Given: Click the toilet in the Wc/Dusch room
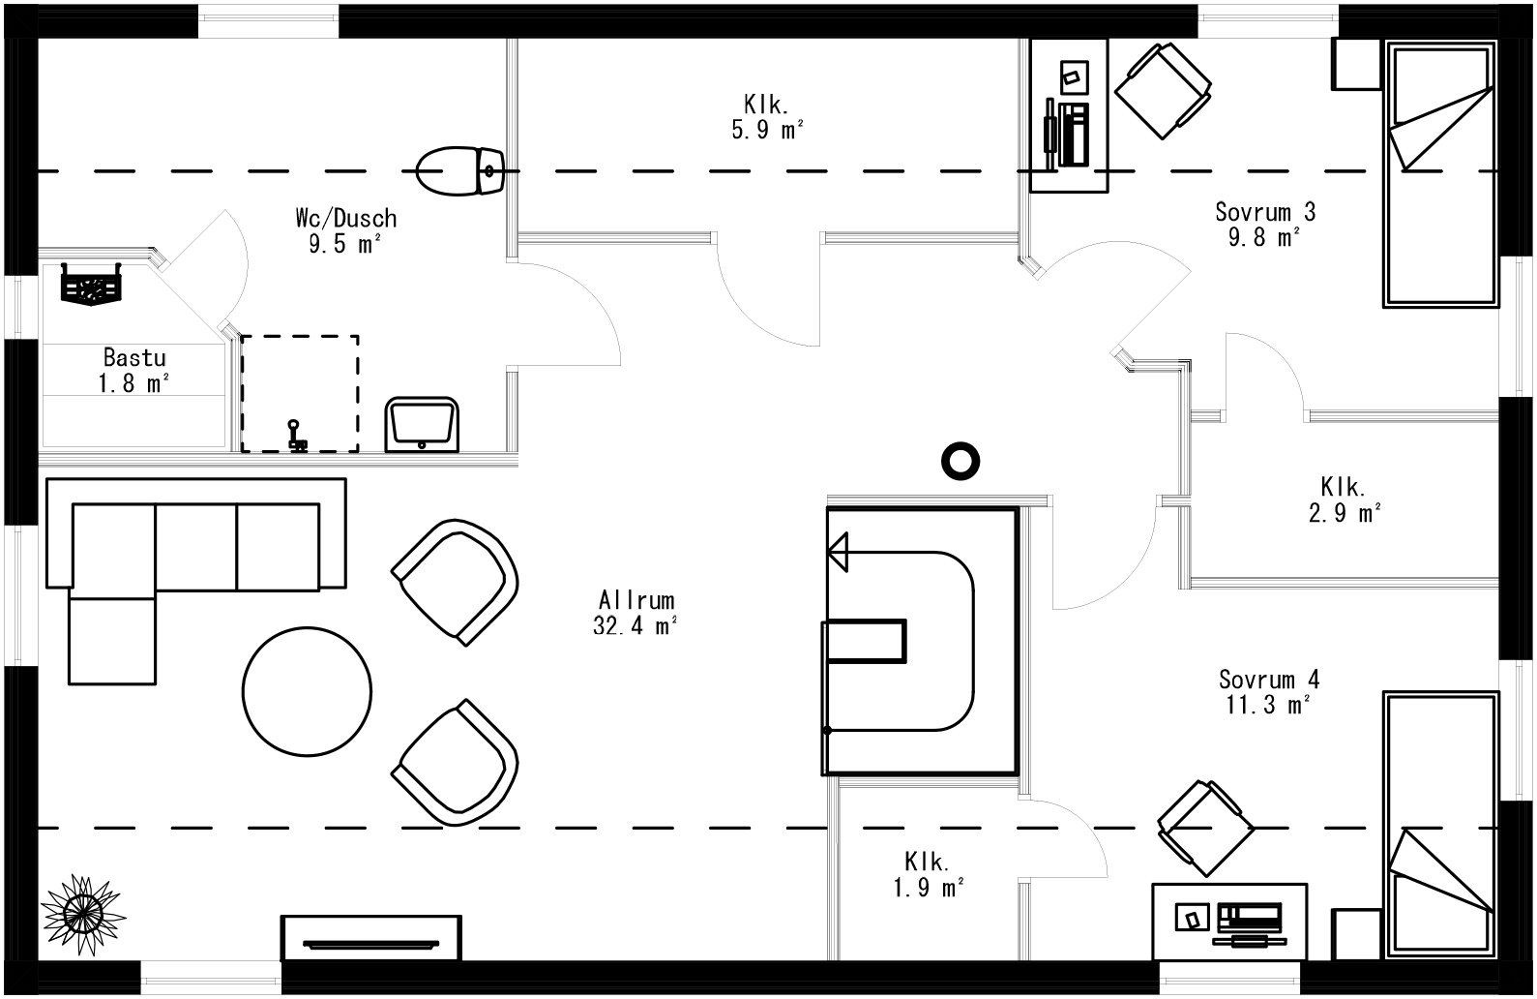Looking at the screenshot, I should pyautogui.click(x=459, y=171).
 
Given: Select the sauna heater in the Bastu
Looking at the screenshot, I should pyautogui.click(x=93, y=286).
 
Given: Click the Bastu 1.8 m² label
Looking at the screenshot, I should pyautogui.click(x=134, y=371).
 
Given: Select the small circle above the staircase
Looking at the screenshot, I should pyautogui.click(x=961, y=462).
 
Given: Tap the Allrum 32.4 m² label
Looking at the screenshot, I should pyautogui.click(x=635, y=613).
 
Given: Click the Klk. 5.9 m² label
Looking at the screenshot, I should pyautogui.click(x=767, y=116).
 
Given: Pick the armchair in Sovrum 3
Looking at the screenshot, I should pyautogui.click(x=1163, y=91).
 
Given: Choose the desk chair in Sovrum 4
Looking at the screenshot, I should pyautogui.click(x=1205, y=829).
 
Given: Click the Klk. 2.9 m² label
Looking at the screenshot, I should pyautogui.click(x=1345, y=499).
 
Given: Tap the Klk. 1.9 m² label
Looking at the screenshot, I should pyautogui.click(x=928, y=873).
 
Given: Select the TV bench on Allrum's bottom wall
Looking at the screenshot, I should pyautogui.click(x=371, y=938).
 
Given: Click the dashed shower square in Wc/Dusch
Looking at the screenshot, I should pyautogui.click(x=300, y=392).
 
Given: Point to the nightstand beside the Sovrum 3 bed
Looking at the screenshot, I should pyautogui.click(x=1357, y=64).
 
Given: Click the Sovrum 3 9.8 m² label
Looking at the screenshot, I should pyautogui.click(x=1264, y=224).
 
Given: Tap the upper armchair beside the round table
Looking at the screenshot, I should pyautogui.click(x=455, y=581).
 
